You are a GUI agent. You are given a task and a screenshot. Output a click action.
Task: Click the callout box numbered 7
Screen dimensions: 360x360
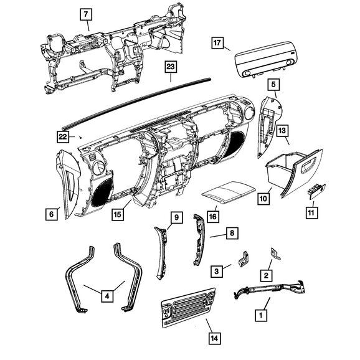(x=86, y=14)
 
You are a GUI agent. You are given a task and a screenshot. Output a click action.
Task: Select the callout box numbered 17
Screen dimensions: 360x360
(x=217, y=43)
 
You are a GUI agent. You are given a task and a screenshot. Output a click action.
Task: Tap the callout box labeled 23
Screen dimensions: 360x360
(x=171, y=67)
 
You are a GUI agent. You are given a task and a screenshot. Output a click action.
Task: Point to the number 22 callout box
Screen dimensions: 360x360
(x=63, y=137)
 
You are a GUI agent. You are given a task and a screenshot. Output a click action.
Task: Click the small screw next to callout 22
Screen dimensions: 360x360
(x=80, y=137)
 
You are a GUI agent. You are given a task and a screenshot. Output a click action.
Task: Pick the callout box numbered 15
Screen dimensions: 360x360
(x=118, y=215)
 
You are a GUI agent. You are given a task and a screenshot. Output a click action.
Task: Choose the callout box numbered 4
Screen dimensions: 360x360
(x=107, y=296)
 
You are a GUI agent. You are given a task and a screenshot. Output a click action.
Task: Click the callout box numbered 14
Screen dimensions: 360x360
(x=215, y=338)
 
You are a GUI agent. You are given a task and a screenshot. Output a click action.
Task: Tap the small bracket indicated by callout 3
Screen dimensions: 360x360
(x=244, y=259)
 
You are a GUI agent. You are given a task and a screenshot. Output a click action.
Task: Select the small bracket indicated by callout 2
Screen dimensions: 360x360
(x=275, y=254)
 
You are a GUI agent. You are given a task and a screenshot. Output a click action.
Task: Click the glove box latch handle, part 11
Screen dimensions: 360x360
(x=316, y=191)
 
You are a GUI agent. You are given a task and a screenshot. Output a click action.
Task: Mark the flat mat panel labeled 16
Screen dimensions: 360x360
(x=229, y=192)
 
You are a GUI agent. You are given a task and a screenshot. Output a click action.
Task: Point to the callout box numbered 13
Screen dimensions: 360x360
(x=282, y=131)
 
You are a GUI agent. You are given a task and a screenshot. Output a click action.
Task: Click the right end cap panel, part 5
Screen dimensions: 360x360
(x=269, y=126)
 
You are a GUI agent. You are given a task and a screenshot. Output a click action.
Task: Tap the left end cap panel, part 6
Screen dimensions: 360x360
(x=69, y=184)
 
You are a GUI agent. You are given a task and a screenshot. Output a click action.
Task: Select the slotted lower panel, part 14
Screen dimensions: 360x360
(x=188, y=308)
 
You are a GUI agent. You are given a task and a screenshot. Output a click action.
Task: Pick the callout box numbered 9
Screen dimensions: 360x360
(x=176, y=217)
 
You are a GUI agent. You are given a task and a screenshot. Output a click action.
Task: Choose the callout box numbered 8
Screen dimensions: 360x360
(x=232, y=234)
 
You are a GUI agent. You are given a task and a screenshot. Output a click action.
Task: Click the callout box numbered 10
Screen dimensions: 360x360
(x=263, y=199)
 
